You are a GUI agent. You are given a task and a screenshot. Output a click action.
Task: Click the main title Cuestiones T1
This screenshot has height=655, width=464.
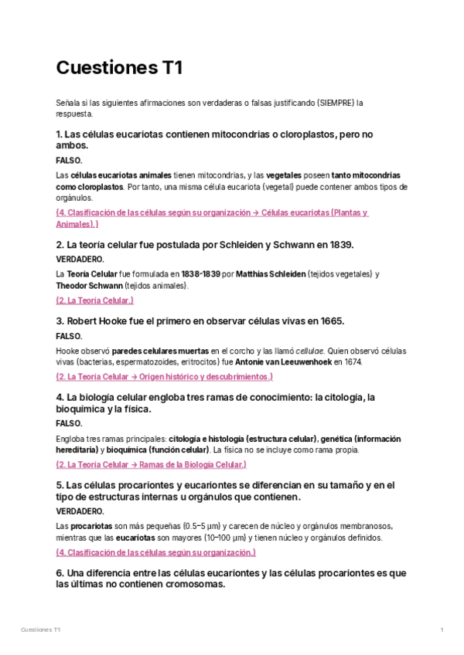(119, 68)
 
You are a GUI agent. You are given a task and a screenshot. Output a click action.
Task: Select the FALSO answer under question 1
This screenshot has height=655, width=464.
(70, 161)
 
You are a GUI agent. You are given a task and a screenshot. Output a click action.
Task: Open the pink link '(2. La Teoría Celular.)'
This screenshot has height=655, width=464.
(95, 300)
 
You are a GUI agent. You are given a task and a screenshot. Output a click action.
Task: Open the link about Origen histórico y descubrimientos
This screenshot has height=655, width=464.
(164, 377)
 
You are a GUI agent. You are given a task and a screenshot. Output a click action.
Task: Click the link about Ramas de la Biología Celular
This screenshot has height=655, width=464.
(151, 465)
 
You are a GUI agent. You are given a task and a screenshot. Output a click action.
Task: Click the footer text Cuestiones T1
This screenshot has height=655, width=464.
(41, 631)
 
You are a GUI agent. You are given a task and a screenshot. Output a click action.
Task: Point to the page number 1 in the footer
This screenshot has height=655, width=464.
(441, 631)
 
